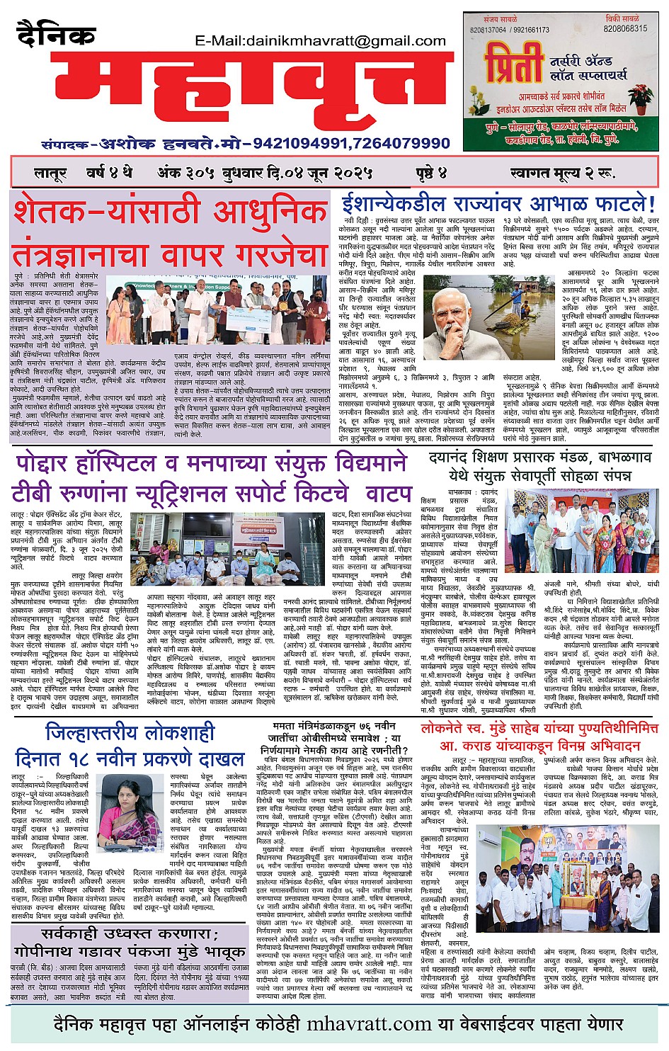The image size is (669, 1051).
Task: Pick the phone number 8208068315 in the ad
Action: pos(625,29)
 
